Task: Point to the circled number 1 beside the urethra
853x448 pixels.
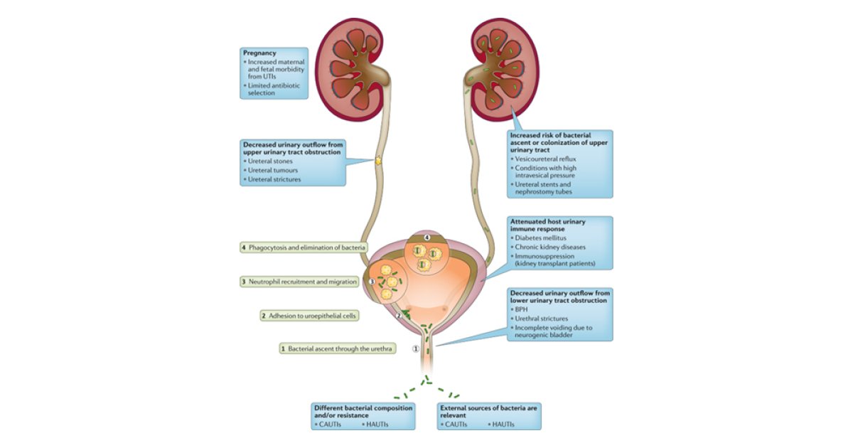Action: (x=417, y=348)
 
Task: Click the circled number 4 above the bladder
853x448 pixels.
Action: (x=427, y=236)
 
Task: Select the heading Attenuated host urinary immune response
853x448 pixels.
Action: (x=547, y=226)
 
